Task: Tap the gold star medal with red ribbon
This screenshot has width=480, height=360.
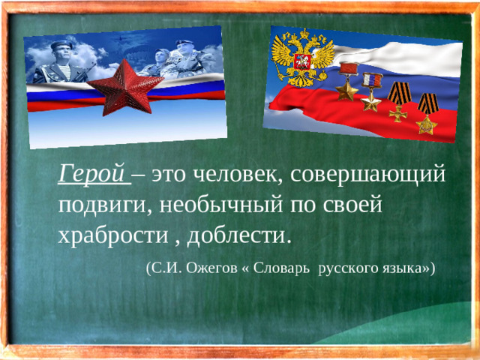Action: pyautogui.click(x=347, y=85)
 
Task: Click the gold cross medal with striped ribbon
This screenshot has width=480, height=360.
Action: pyautogui.click(x=398, y=106)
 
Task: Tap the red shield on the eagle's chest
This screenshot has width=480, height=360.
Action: pyautogui.click(x=304, y=61)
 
